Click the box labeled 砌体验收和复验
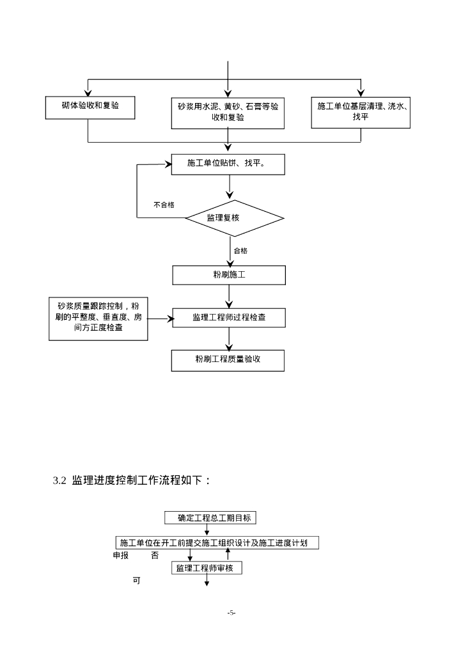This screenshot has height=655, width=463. [x=90, y=107]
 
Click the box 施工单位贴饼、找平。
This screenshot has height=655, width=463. [x=228, y=164]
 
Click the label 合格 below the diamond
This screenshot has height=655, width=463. [x=240, y=251]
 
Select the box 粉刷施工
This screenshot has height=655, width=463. [x=229, y=275]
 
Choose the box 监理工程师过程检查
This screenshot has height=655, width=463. [x=229, y=317]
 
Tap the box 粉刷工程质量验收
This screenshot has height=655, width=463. [x=228, y=360]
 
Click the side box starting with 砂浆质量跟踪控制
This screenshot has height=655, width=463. [x=98, y=317]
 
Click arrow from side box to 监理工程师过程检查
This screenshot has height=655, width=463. [x=161, y=317]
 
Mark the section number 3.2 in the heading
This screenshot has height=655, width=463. [x=59, y=480]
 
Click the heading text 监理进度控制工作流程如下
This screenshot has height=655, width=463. [x=141, y=480]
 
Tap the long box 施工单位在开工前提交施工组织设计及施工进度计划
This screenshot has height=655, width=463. [x=217, y=542]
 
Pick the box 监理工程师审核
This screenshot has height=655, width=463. [x=207, y=568]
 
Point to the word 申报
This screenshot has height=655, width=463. [x=121, y=555]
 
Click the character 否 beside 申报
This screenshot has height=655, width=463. [x=155, y=555]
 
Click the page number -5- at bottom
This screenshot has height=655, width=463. [x=231, y=613]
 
